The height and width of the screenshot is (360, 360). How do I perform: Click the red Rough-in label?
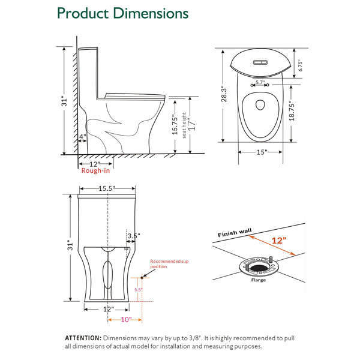[x=95, y=170]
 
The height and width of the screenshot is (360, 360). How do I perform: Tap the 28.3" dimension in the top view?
[x=224, y=94]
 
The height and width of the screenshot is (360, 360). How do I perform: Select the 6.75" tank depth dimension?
[x=301, y=65]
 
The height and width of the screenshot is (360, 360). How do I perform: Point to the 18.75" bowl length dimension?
[x=292, y=110]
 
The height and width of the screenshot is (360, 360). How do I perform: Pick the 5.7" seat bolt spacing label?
[x=260, y=82]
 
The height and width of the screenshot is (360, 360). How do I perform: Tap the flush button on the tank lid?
[x=260, y=62]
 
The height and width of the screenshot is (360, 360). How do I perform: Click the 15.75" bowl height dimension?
[x=175, y=125]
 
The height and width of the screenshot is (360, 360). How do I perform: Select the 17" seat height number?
[x=192, y=124]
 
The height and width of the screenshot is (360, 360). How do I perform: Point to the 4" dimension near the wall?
[x=83, y=137]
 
